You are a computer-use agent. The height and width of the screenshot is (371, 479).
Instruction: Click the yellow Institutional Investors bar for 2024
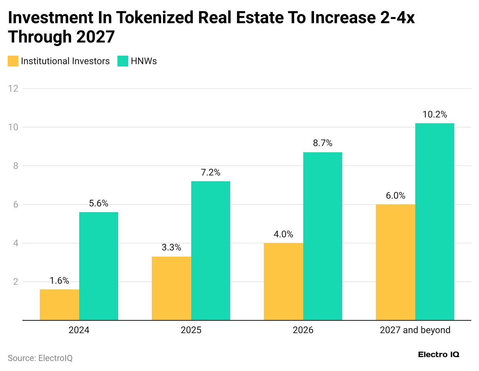tap(59, 305)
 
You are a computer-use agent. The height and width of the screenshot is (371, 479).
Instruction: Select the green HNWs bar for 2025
tap(211, 250)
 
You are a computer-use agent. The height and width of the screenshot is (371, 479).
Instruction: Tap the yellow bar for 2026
tap(284, 281)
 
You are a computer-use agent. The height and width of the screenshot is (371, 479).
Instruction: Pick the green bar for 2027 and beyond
tap(435, 221)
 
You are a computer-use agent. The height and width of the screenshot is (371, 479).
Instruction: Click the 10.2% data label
tap(435, 114)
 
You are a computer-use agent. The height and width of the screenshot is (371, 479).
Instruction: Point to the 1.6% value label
tap(59, 281)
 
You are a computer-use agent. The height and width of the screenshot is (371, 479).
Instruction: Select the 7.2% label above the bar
tap(211, 172)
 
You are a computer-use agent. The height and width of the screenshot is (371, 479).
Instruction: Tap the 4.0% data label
tap(284, 234)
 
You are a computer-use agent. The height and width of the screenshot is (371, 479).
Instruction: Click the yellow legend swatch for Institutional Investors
tap(13, 61)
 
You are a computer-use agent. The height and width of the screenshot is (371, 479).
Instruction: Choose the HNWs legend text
tap(144, 61)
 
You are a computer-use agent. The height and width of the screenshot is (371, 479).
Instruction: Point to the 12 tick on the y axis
tap(13, 88)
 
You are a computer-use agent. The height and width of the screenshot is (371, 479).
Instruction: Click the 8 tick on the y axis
tap(15, 166)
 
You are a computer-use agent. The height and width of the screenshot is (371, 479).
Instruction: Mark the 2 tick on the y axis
tap(15, 282)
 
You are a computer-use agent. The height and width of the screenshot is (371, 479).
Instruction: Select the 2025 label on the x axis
tap(191, 330)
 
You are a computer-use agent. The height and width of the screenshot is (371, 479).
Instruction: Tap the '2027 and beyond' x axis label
tap(415, 330)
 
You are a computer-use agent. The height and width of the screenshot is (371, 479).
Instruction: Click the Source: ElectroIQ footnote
tap(40, 358)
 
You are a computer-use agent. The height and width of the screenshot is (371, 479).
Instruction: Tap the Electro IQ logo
tap(438, 354)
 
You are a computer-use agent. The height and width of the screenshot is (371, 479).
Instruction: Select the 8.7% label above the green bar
tap(323, 143)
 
